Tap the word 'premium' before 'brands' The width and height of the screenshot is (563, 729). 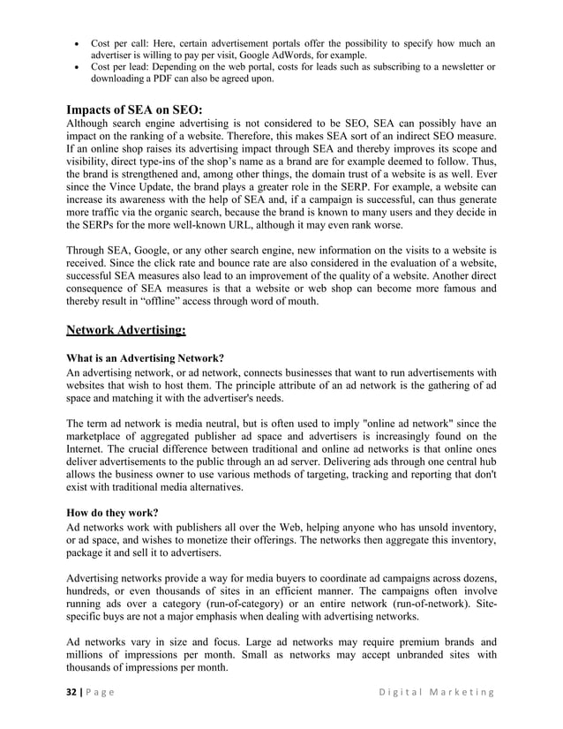click(395, 643)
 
